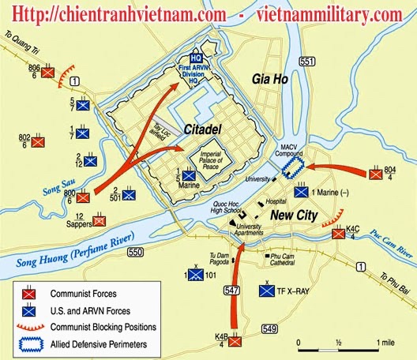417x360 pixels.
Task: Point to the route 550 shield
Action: click(x=135, y=251)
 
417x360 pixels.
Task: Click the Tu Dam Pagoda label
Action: click(x=219, y=259)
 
